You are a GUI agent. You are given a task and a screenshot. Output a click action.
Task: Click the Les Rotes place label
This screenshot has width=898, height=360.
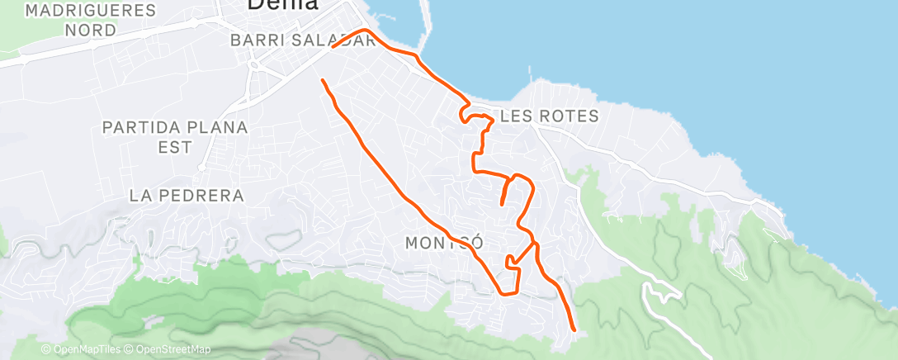pyautogui.click(x=549, y=116)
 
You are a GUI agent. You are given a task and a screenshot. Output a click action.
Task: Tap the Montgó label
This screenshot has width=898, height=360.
pyautogui.click(x=443, y=243)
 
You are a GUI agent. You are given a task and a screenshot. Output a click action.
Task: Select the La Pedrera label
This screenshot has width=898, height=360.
pyautogui.click(x=187, y=196)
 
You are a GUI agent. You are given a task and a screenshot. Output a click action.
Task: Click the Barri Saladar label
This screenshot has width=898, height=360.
pyautogui.click(x=303, y=40)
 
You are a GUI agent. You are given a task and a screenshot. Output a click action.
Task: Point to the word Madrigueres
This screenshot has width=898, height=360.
pyautogui.click(x=91, y=12)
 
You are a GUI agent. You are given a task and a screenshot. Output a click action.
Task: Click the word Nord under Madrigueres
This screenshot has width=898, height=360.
pyautogui.click(x=91, y=30)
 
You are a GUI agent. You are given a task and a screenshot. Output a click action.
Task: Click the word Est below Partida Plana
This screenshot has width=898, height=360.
pyautogui.click(x=175, y=147)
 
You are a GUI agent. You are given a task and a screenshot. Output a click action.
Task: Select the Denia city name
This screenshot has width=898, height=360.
pyautogui.click(x=282, y=5)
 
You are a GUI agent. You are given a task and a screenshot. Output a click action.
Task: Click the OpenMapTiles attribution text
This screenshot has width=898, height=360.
pyautogui.click(x=81, y=350)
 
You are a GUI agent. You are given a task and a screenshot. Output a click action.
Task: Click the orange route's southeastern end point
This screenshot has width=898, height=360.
pyautogui.click(x=573, y=329)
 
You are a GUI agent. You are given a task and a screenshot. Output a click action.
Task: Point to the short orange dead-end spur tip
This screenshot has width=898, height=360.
pyautogui.click(x=502, y=203)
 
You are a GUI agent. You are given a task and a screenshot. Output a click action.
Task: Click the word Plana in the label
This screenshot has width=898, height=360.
pyautogui.click(x=215, y=128)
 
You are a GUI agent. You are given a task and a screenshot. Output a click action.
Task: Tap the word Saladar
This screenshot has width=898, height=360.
pyautogui.click(x=338, y=40)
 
